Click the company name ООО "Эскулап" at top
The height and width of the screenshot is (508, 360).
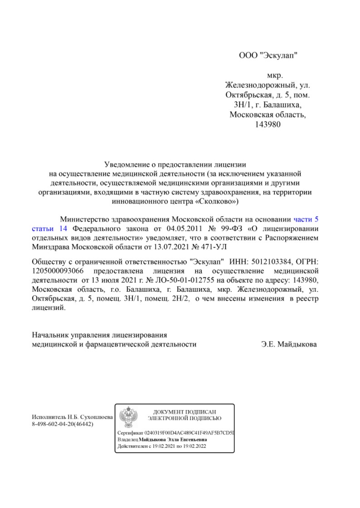tap(268, 56)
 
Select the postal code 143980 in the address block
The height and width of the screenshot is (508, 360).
tap(268, 124)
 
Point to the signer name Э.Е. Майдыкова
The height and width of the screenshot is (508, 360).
tap(289, 344)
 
